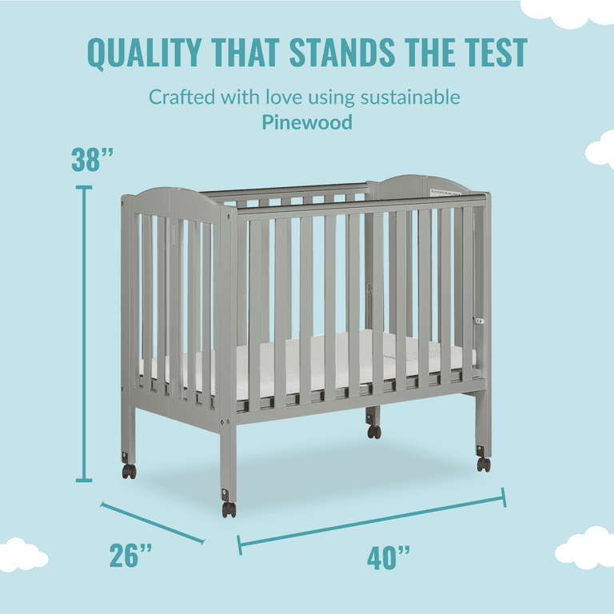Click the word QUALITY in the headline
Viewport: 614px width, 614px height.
click(144, 53)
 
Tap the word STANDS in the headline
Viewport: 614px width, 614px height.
click(342, 53)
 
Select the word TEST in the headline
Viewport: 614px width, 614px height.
click(496, 53)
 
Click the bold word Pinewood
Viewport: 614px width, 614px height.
click(307, 122)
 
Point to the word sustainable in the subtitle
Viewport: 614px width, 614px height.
click(410, 97)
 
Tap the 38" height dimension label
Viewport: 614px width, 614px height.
click(92, 159)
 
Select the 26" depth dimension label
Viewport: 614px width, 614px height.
click(130, 555)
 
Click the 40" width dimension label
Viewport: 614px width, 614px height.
click(388, 557)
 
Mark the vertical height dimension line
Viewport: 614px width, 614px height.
click(84, 333)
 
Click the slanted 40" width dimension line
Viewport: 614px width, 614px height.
click(372, 520)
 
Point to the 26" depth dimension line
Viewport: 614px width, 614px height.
click(153, 523)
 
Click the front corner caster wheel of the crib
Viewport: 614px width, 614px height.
click(229, 509)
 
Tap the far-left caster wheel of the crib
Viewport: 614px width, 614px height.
click(130, 471)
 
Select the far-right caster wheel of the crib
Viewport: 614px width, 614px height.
click(484, 464)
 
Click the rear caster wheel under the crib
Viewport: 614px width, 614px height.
click(374, 432)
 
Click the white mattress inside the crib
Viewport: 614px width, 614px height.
click(309, 365)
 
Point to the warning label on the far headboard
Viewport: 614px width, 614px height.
click(445, 192)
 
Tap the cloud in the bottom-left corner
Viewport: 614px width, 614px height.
click(22, 555)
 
